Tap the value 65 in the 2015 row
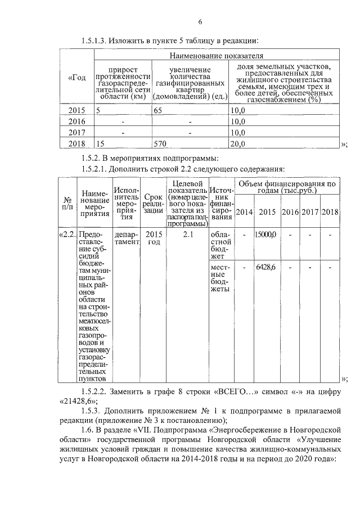(158, 111)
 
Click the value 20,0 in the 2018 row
(238, 143)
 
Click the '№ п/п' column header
(67, 204)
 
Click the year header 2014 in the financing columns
(244, 211)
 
